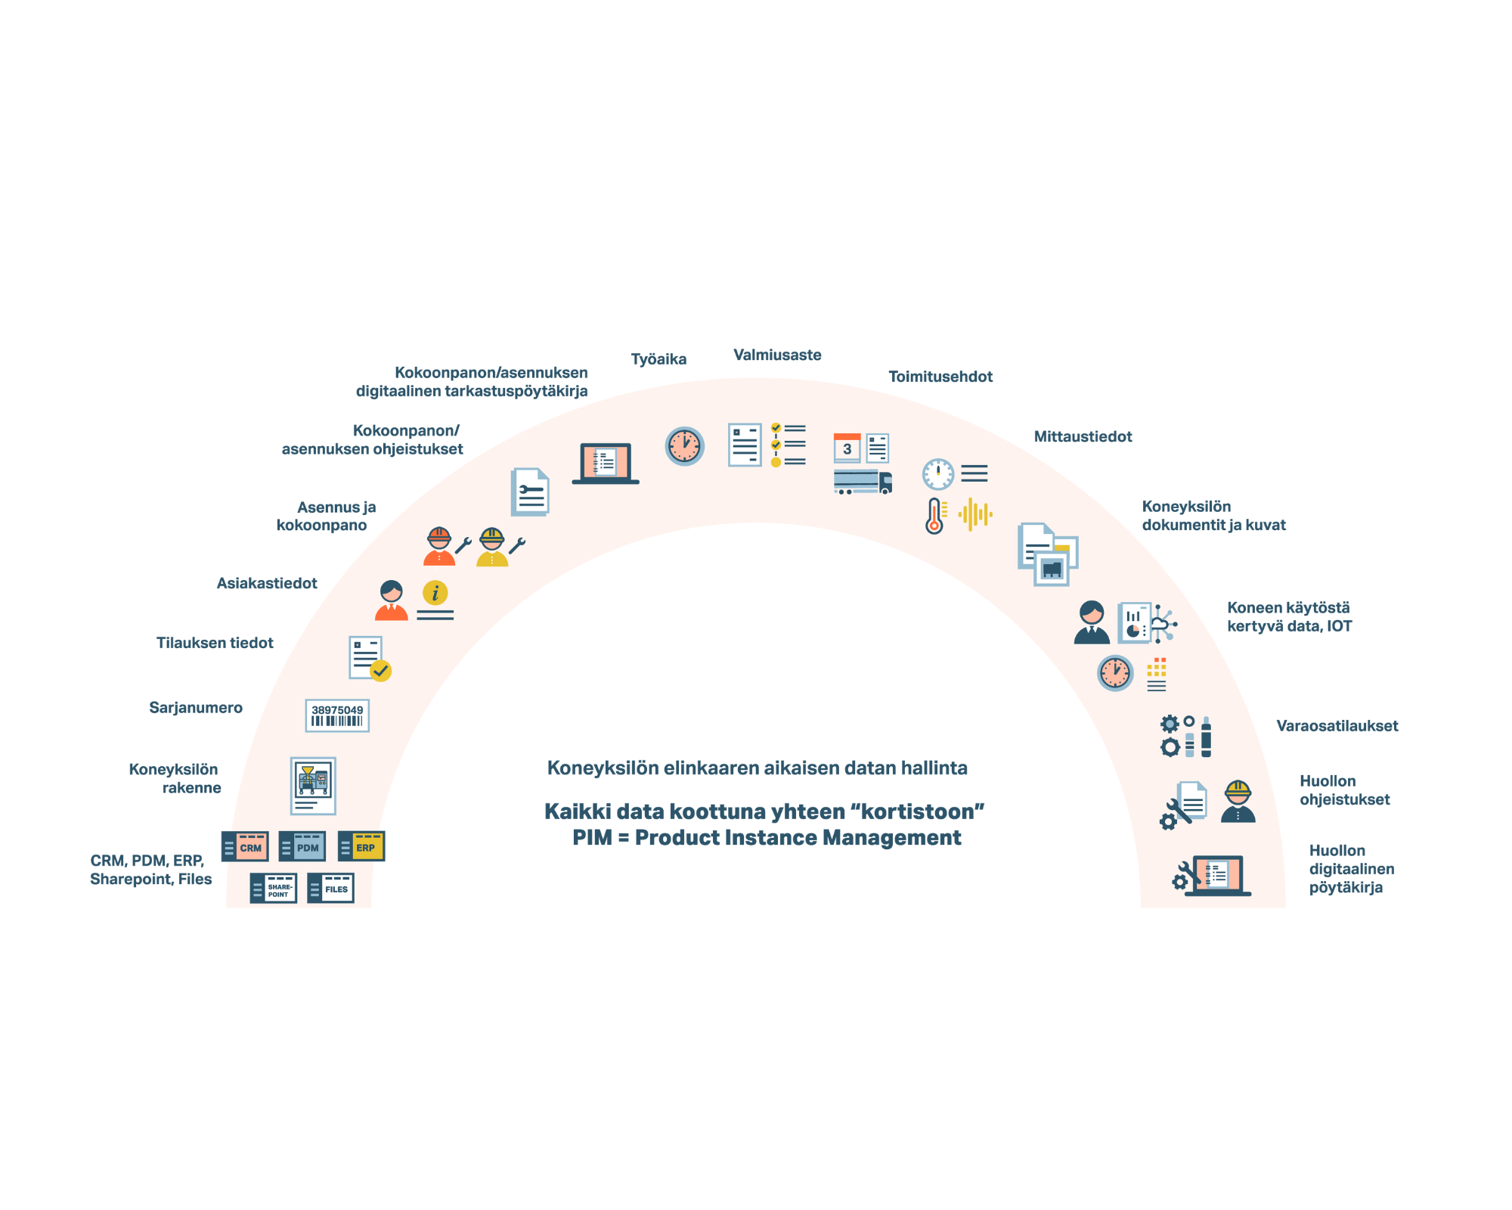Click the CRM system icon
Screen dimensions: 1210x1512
[245, 847]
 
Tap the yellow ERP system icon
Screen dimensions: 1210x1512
[361, 846]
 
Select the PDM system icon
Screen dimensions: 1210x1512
[302, 847]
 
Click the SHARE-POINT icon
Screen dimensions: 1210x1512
[273, 889]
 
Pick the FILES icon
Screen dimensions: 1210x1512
[331, 889]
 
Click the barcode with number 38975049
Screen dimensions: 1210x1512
[337, 715]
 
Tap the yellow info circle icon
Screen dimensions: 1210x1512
[435, 593]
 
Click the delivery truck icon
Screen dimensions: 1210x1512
[863, 482]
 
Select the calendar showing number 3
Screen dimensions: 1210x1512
[847, 448]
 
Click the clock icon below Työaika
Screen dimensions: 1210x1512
[684, 446]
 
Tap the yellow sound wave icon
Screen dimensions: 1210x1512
[975, 515]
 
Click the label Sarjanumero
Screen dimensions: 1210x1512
[196, 708]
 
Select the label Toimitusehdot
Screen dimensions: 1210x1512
[940, 377]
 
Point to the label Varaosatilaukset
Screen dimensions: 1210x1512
[1337, 726]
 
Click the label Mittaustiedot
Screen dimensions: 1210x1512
[1083, 436]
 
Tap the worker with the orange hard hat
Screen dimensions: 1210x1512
[439, 547]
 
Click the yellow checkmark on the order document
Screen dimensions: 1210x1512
[380, 671]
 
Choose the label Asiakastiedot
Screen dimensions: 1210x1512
[267, 583]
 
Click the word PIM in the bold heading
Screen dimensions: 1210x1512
[591, 838]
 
